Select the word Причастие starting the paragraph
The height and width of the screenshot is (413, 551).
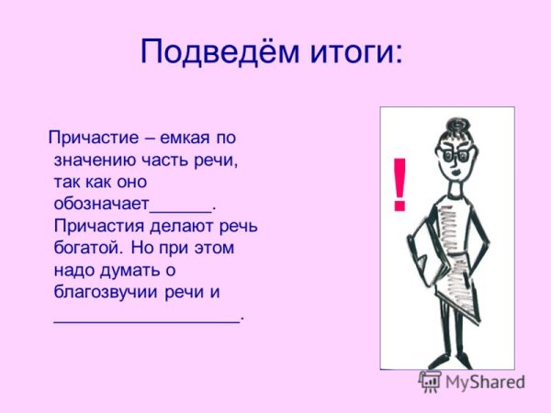(86, 140)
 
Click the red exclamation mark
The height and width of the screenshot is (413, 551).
(399, 184)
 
